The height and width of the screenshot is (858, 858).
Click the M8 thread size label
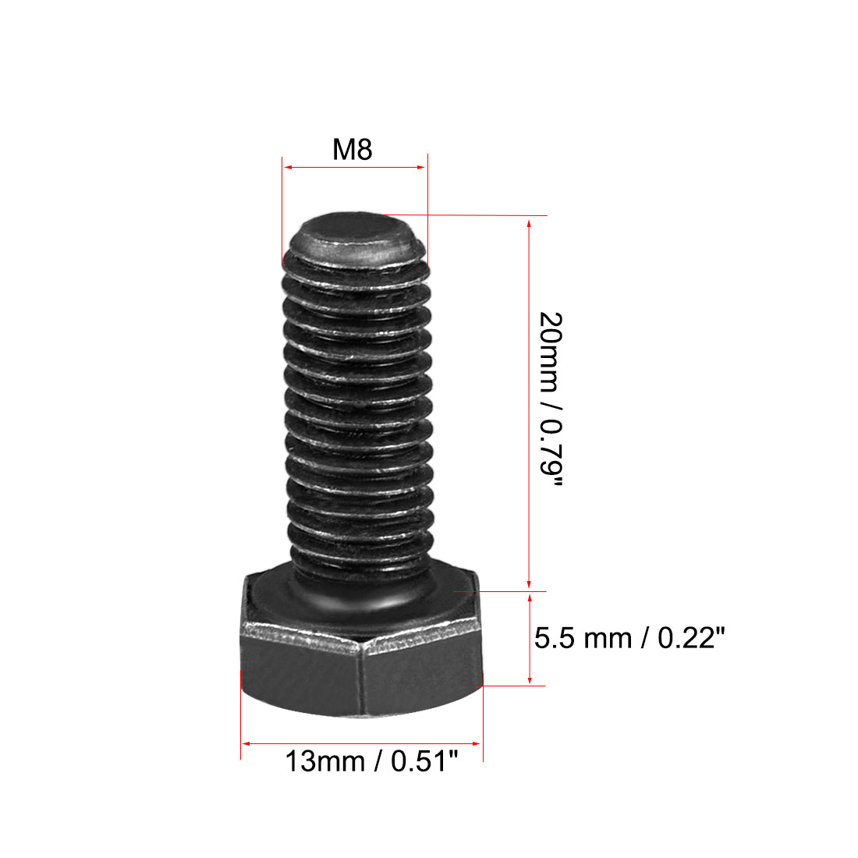tap(353, 149)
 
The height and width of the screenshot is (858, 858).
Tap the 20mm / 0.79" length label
tap(550, 399)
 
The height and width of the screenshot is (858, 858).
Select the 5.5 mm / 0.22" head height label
tap(629, 639)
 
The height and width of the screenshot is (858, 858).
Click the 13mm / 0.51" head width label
tap(370, 760)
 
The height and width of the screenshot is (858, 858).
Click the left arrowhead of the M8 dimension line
tap(286, 166)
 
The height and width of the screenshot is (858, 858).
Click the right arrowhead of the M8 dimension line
tap(423, 166)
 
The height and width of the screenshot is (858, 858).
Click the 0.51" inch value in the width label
tap(424, 760)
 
